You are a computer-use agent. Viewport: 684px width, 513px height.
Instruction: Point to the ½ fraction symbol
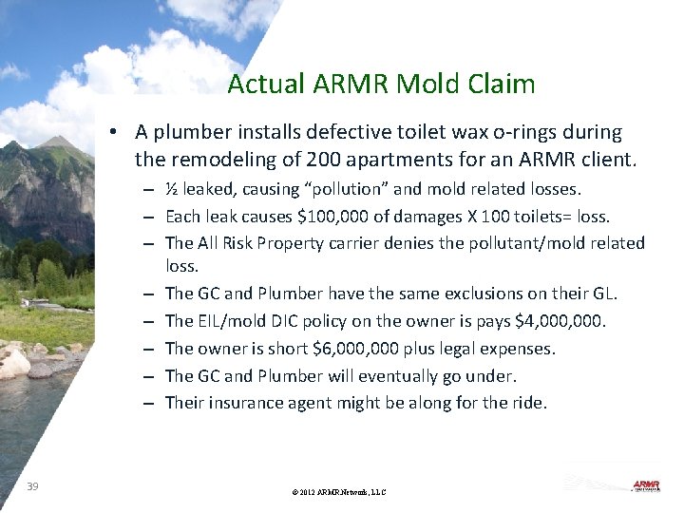172,189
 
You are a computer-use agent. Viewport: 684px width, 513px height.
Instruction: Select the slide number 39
33,486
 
